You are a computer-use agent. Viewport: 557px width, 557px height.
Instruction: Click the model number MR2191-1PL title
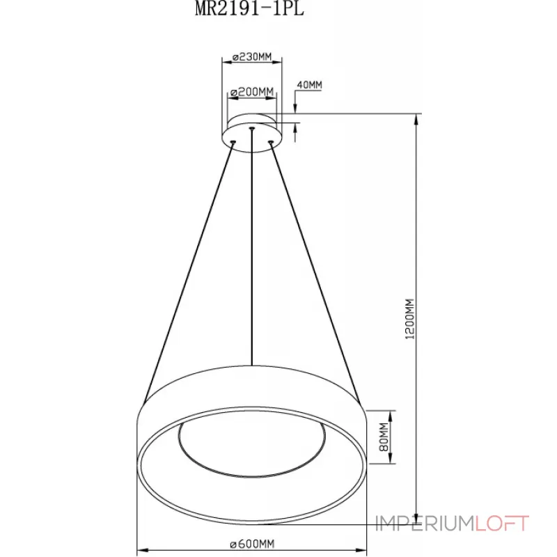point(249,8)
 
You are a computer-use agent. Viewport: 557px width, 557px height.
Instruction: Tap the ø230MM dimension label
point(252,56)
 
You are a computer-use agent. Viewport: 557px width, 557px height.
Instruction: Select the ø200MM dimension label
point(252,92)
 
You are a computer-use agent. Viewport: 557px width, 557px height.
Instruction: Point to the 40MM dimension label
point(309,85)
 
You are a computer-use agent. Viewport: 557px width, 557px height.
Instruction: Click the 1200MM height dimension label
point(409,319)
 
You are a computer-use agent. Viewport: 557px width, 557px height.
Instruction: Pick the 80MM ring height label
point(384,437)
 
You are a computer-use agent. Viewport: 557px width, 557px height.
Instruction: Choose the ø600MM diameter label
point(252,544)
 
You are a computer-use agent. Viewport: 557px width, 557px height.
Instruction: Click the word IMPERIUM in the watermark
point(425,524)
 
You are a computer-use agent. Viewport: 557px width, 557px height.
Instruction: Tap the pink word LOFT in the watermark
point(502,524)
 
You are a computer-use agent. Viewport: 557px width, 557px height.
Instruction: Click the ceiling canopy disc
point(252,132)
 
